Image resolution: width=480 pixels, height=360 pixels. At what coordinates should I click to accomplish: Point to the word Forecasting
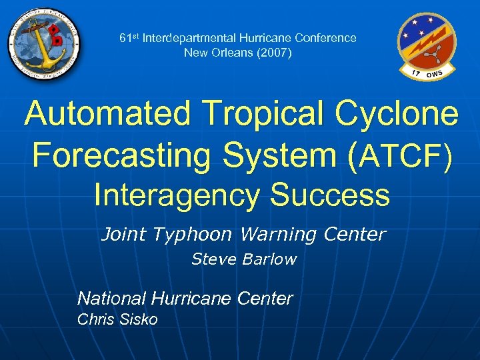[x=118, y=155]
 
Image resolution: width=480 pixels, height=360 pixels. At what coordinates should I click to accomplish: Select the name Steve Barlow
[x=244, y=259]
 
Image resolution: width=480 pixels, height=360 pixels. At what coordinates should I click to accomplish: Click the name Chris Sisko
[x=117, y=319]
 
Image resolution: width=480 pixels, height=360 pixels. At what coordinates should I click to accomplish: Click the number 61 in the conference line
[x=125, y=38]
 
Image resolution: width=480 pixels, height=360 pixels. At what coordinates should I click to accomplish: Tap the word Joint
[x=123, y=235]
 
